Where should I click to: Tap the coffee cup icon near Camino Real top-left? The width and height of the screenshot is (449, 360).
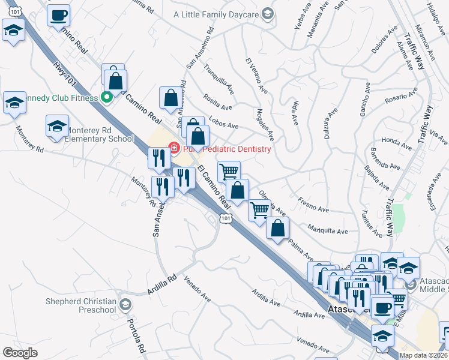click(x=58, y=16)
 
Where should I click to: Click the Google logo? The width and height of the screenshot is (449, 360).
click(x=20, y=353)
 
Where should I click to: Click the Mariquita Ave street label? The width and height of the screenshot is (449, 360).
click(x=327, y=229)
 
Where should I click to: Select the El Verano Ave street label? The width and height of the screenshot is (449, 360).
click(x=256, y=76)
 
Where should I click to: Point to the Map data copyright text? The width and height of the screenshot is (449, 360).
click(x=423, y=355)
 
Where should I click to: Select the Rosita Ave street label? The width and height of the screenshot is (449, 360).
click(x=218, y=103)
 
